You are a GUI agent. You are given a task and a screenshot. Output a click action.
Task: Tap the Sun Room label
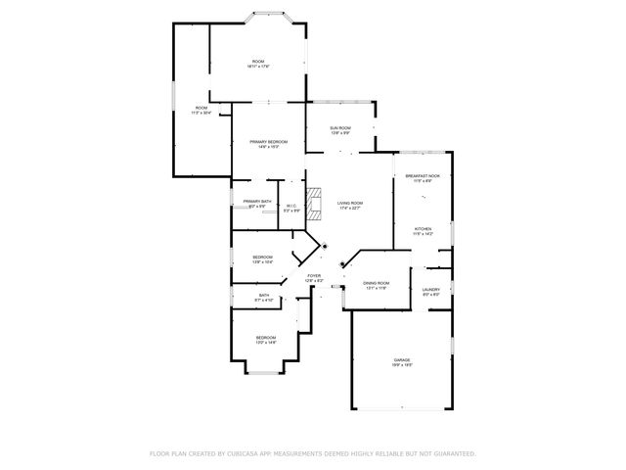(x=340, y=127)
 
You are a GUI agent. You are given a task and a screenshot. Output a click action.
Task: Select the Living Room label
(x=350, y=203)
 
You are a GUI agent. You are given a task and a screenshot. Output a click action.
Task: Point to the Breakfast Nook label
(x=423, y=176)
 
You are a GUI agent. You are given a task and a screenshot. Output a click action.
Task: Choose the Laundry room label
(x=430, y=289)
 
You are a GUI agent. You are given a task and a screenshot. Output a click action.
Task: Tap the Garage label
(x=402, y=360)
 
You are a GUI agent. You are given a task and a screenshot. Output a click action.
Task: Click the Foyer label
(x=314, y=276)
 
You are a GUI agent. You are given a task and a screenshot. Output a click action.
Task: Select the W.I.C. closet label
(x=291, y=205)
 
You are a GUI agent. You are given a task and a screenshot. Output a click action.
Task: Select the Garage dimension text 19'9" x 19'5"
(x=402, y=365)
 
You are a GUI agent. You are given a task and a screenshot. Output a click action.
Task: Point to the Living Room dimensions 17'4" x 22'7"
(x=350, y=208)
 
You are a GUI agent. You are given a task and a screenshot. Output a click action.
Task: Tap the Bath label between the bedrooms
(x=264, y=294)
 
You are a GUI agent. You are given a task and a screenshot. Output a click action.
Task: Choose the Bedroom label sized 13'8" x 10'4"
(x=262, y=258)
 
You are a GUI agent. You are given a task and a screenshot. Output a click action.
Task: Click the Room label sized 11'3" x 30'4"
(x=201, y=108)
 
